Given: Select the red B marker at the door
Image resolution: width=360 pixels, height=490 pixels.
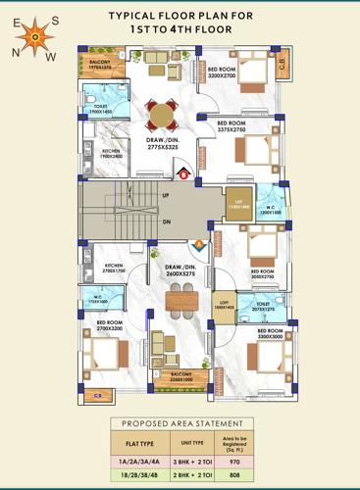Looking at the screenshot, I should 183,174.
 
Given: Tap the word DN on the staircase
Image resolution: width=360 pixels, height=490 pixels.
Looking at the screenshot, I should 166,221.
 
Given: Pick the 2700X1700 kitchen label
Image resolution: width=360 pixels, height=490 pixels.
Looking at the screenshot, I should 115,269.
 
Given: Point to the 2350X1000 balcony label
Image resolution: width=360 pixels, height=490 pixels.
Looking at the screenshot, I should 181,377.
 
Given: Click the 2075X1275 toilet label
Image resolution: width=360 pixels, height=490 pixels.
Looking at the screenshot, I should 264,307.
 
